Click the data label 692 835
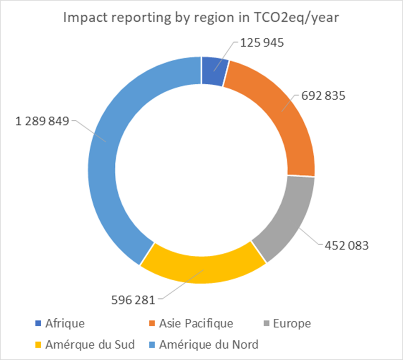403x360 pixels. click(x=323, y=96)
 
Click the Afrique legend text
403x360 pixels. click(x=65, y=323)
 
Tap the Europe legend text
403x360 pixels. click(x=292, y=323)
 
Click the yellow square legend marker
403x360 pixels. click(x=38, y=345)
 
